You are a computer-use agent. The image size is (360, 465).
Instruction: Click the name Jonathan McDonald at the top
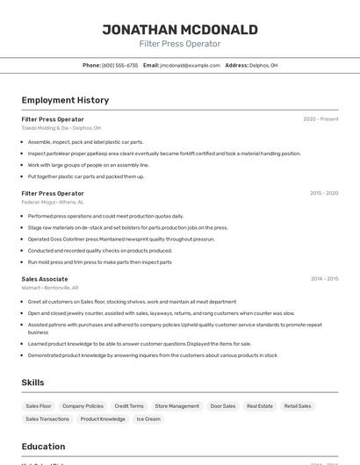click(x=180, y=30)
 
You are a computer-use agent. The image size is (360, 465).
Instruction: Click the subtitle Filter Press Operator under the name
click(x=180, y=44)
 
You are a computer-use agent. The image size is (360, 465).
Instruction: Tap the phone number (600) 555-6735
click(x=120, y=65)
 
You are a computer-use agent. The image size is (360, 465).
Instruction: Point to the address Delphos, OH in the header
click(x=263, y=65)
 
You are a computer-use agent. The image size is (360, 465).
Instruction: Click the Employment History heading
click(x=65, y=100)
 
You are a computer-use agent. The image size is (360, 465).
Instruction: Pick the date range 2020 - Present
click(x=320, y=119)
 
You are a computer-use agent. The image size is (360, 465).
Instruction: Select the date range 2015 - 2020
click(x=324, y=193)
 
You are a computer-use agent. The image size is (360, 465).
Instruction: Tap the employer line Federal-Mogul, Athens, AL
click(x=54, y=202)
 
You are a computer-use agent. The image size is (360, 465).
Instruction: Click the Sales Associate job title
click(x=45, y=279)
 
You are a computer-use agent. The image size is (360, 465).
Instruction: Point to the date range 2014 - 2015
click(x=324, y=279)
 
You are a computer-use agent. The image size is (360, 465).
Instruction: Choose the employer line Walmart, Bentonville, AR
click(x=50, y=288)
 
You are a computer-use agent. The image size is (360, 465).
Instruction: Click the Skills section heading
click(x=33, y=383)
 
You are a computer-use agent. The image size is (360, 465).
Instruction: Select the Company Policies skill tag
click(x=83, y=406)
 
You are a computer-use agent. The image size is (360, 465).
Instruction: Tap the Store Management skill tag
click(x=177, y=406)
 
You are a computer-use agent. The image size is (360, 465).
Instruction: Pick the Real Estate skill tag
click(x=260, y=406)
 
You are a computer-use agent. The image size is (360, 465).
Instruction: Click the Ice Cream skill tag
click(x=148, y=419)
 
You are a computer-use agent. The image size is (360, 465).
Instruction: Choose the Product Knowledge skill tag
click(x=103, y=419)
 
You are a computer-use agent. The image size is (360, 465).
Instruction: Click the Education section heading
click(x=44, y=446)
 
